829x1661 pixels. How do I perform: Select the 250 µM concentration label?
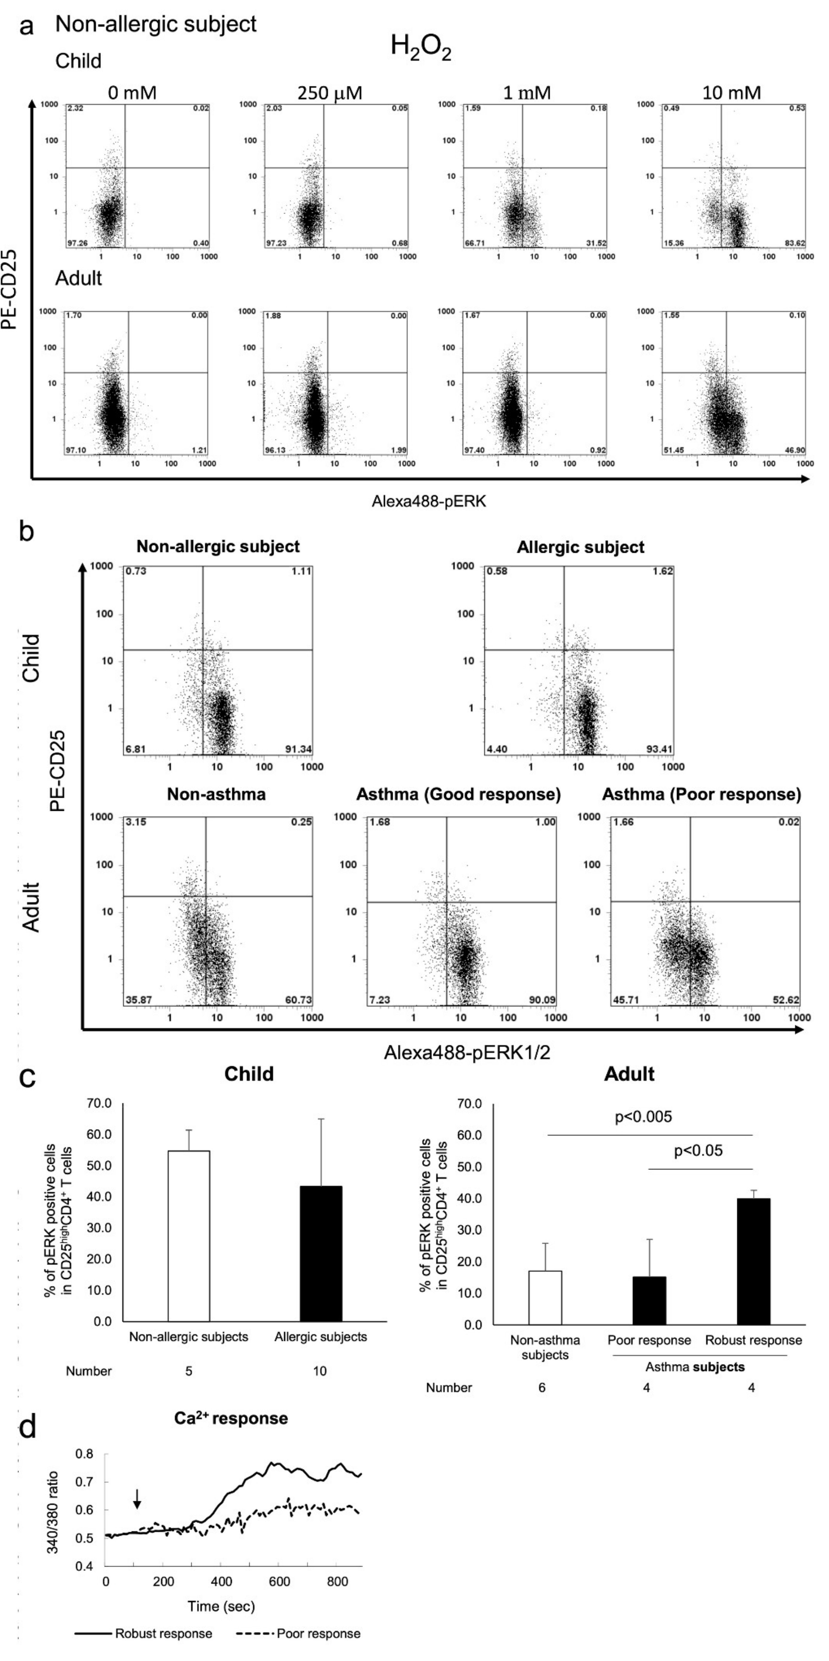point(330,93)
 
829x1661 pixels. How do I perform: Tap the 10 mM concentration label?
point(732,93)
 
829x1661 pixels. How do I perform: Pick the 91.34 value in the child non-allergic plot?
point(298,749)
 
